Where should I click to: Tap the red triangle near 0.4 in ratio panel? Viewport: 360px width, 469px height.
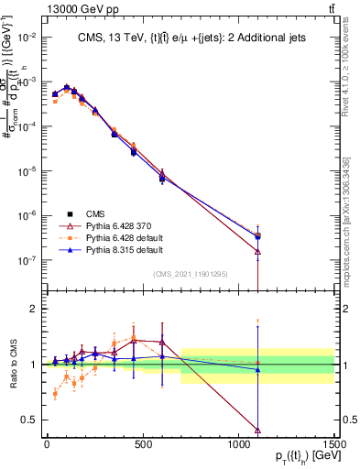[257, 430]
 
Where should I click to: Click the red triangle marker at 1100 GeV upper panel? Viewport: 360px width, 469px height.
[257, 251]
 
